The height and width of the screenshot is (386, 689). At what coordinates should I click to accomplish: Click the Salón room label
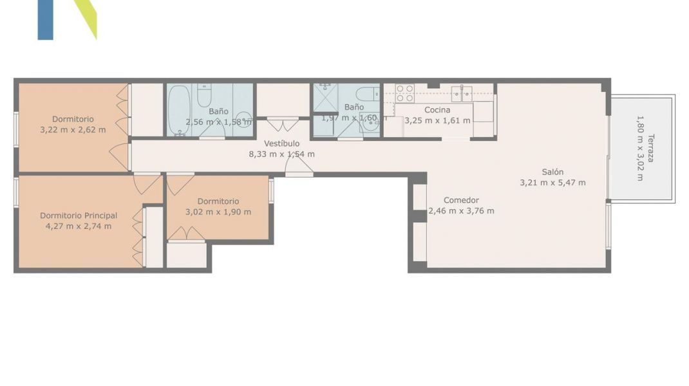(552, 172)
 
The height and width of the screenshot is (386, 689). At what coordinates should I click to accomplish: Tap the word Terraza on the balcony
(651, 148)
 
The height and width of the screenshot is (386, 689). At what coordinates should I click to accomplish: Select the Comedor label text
(461, 200)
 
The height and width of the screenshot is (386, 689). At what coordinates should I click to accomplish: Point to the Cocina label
(437, 110)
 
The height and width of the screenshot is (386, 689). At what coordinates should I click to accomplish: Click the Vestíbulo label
(282, 143)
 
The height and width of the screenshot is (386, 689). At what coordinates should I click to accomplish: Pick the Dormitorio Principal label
(79, 216)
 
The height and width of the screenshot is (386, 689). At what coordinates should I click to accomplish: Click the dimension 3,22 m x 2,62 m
(73, 129)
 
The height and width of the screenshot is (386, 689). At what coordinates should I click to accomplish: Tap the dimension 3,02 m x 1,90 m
(218, 212)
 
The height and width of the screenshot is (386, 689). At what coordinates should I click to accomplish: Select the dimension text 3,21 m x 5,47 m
(552, 183)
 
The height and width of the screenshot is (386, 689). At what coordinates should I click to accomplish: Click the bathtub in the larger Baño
(179, 110)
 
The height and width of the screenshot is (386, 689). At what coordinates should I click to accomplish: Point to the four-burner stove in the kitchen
(404, 94)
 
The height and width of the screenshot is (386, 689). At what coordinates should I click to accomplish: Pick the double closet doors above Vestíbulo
(283, 124)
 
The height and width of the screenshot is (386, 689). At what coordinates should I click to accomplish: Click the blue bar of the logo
(45, 19)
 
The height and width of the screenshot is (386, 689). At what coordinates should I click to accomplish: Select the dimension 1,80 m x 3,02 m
(639, 148)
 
